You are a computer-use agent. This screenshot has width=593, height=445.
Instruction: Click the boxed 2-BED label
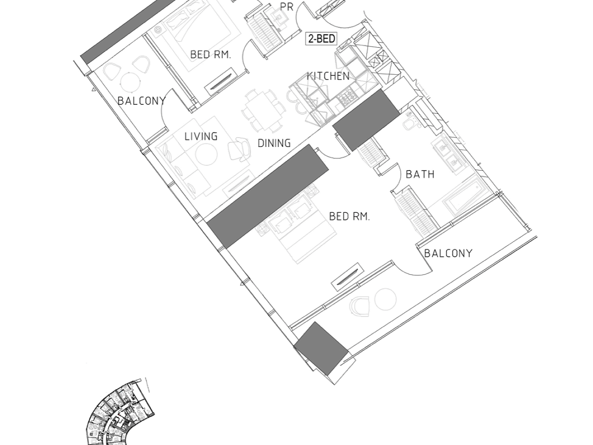pyautogui.click(x=321, y=39)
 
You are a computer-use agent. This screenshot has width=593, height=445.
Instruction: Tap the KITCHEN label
pyautogui.click(x=328, y=76)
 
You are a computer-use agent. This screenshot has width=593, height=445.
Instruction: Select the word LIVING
pyautogui.click(x=201, y=136)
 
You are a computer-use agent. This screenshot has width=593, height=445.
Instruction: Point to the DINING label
pyautogui.click(x=274, y=143)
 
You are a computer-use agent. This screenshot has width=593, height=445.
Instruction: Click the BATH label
pyautogui.click(x=420, y=174)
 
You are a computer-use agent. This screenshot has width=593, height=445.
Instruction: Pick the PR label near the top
pyautogui.click(x=287, y=7)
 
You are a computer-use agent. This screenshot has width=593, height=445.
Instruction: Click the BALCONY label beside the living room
pyautogui.click(x=141, y=101)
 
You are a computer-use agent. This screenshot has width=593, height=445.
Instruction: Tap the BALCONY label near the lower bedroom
pyautogui.click(x=448, y=253)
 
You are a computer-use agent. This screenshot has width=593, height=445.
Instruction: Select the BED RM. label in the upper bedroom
pyautogui.click(x=211, y=54)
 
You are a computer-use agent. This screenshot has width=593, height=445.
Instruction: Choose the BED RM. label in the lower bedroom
pyautogui.click(x=349, y=216)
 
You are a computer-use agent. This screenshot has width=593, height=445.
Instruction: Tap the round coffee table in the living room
pyautogui.click(x=206, y=154)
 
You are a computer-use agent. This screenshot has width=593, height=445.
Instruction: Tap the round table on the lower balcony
pyautogui.click(x=385, y=299)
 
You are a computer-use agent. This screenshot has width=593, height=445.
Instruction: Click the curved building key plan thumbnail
pyautogui.click(x=120, y=412)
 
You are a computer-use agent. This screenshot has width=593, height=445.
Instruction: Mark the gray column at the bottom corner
pyautogui.click(x=321, y=348)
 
